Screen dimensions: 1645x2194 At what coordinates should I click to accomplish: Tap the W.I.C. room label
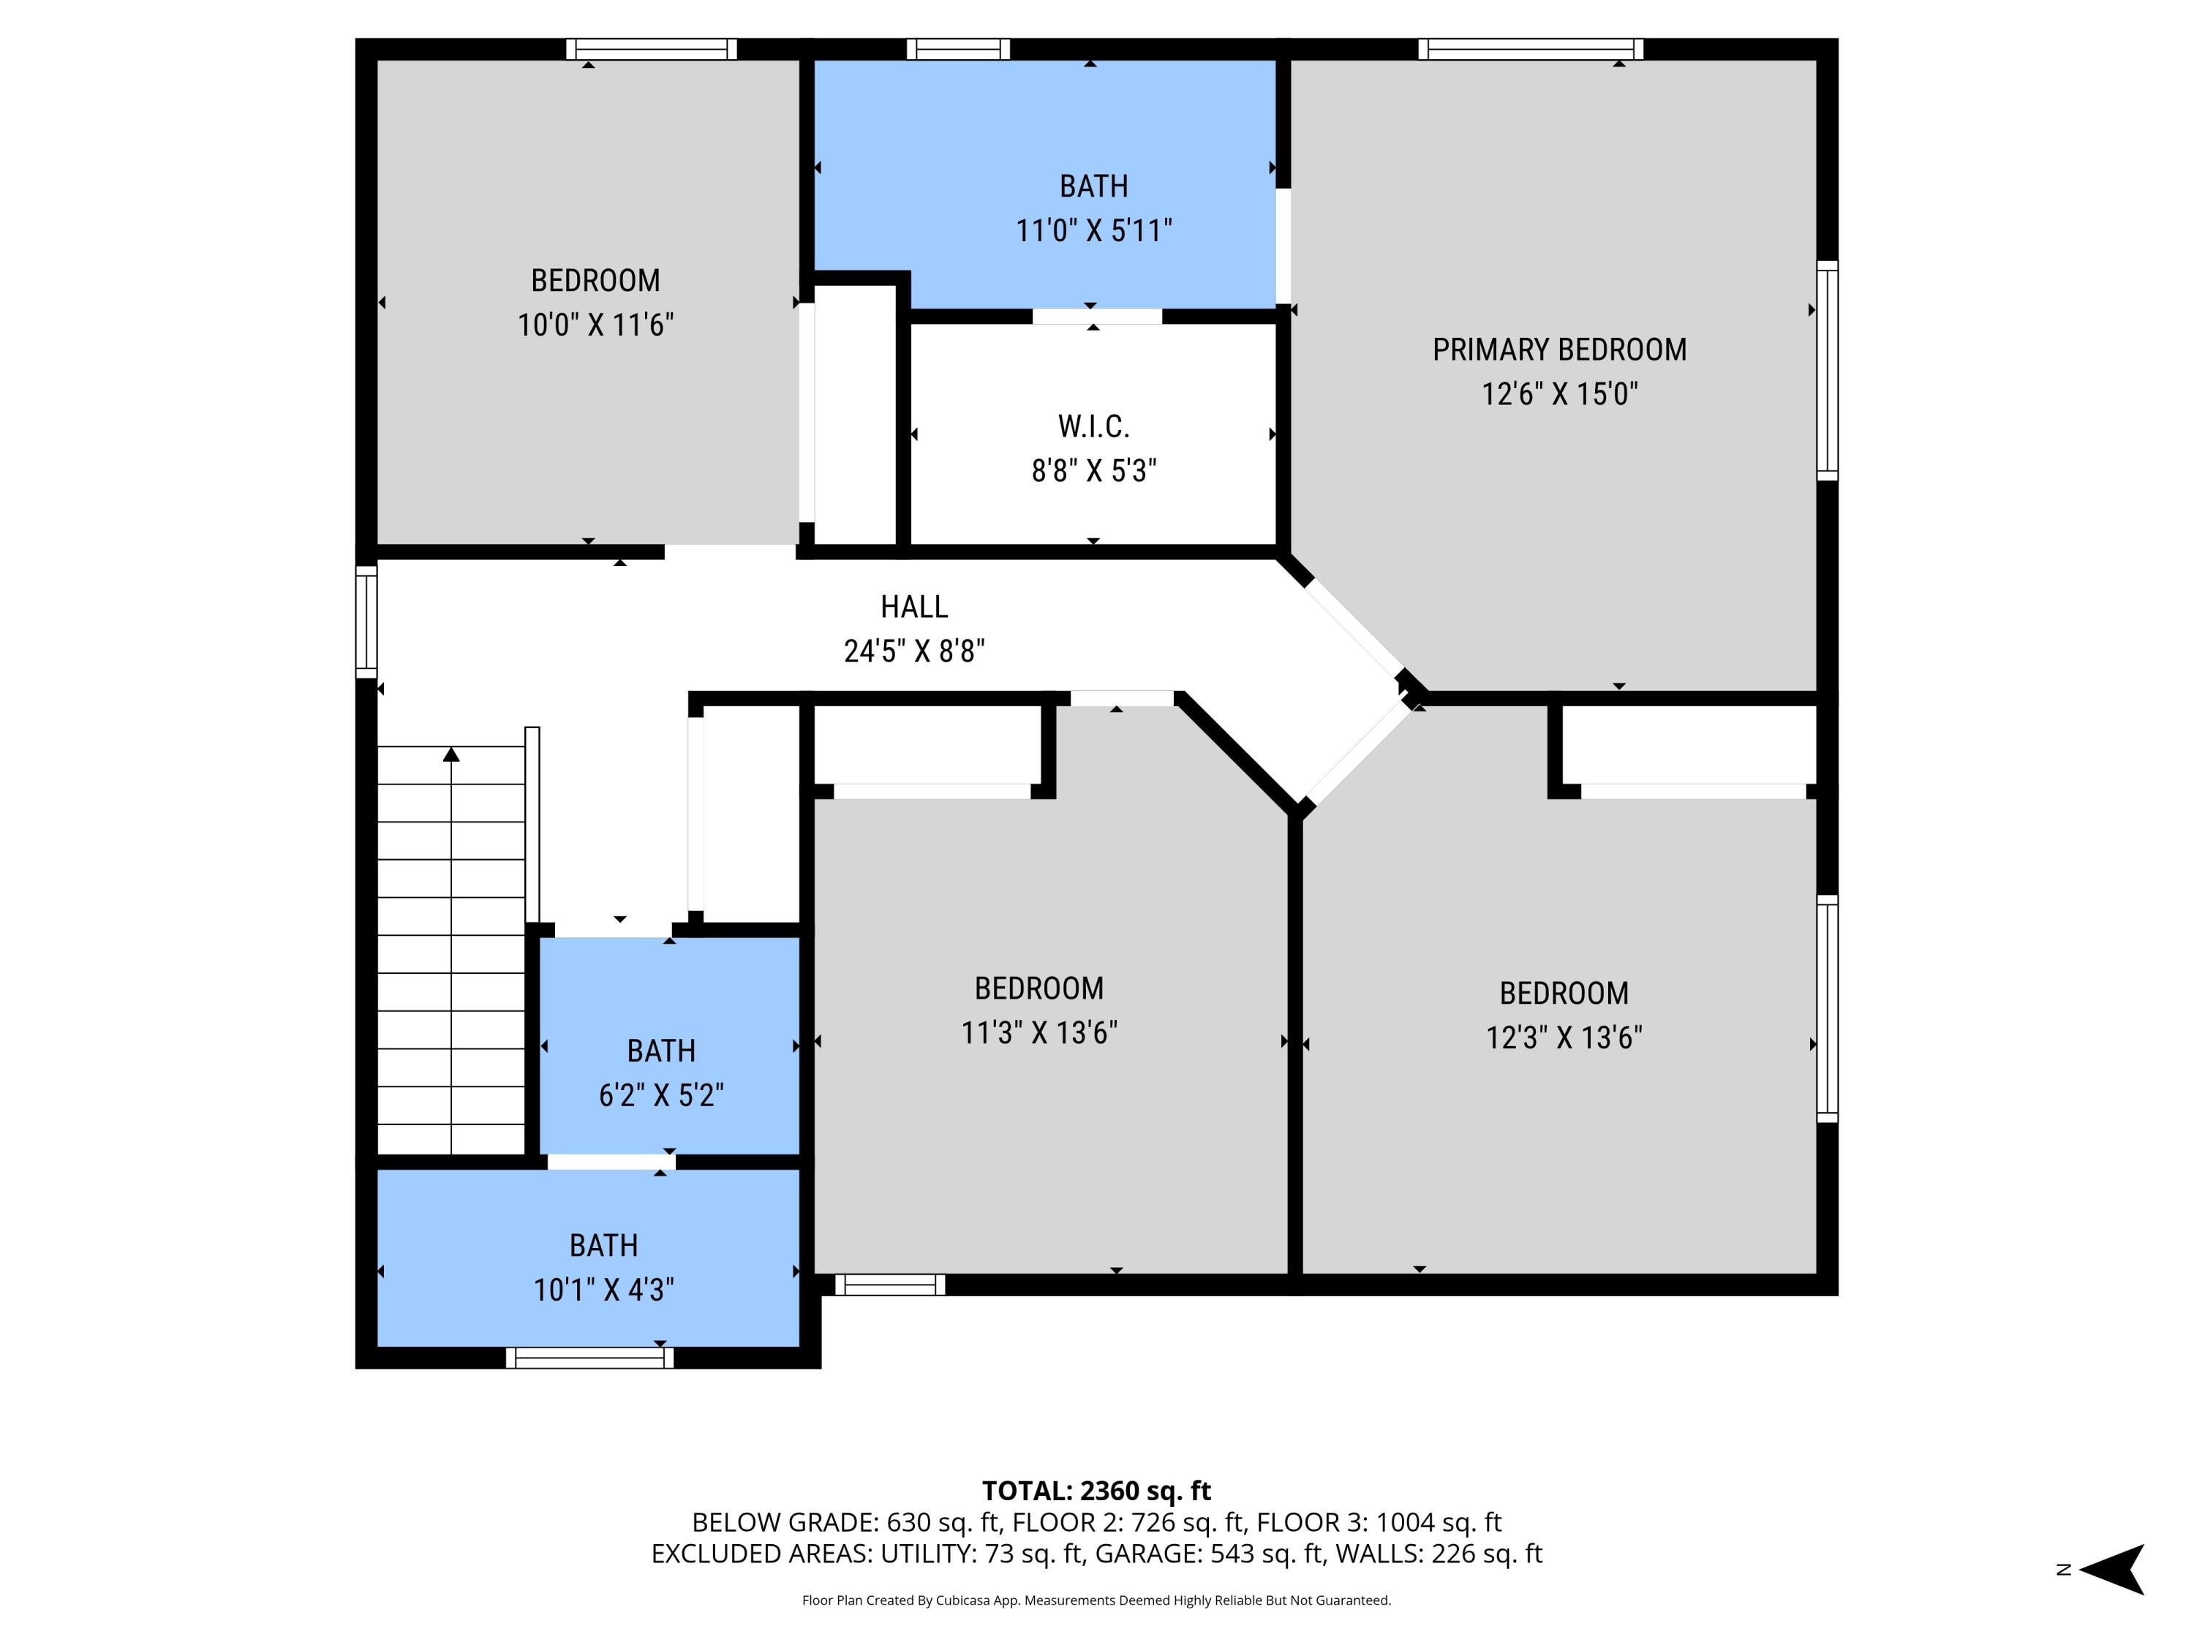click(1093, 426)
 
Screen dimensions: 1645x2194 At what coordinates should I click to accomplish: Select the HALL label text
click(913, 606)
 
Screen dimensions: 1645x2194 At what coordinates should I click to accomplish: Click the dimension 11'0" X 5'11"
click(1093, 231)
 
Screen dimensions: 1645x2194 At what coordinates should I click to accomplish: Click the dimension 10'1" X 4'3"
click(603, 1289)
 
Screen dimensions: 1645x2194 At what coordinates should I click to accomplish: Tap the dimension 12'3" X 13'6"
click(1563, 1037)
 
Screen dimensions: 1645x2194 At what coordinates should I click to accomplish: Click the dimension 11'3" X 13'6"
click(1038, 1032)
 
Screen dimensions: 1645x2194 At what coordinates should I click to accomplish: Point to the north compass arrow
click(2113, 1569)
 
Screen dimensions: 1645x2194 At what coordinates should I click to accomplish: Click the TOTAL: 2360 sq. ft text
click(1096, 1490)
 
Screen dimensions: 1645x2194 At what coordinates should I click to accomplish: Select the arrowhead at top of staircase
click(451, 755)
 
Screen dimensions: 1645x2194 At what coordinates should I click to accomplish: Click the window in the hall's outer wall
click(366, 621)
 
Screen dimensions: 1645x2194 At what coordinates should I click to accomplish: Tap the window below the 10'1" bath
click(589, 1358)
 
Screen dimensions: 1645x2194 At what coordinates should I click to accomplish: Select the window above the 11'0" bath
click(957, 48)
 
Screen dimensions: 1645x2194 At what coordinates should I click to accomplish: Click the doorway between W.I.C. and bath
click(1096, 317)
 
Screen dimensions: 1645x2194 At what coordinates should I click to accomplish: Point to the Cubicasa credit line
click(1096, 1600)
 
